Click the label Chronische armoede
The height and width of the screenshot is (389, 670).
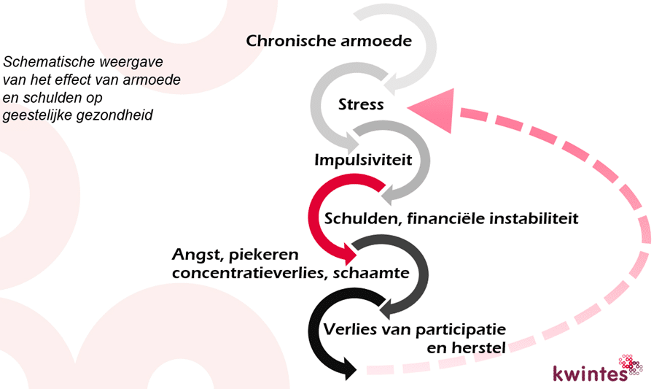329,41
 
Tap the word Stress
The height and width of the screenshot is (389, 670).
361,104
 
